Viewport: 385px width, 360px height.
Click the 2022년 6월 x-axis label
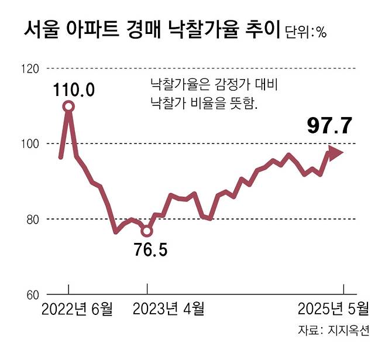tap(77, 310)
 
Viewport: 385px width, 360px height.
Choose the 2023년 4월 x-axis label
tap(170, 310)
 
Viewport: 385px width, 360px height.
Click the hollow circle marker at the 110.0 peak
tap(69, 106)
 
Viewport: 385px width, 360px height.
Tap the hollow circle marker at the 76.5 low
tap(147, 231)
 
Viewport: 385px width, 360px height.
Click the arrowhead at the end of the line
tap(336, 153)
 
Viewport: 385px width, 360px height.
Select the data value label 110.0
tap(74, 91)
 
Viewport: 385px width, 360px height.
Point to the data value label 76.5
tap(151, 251)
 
